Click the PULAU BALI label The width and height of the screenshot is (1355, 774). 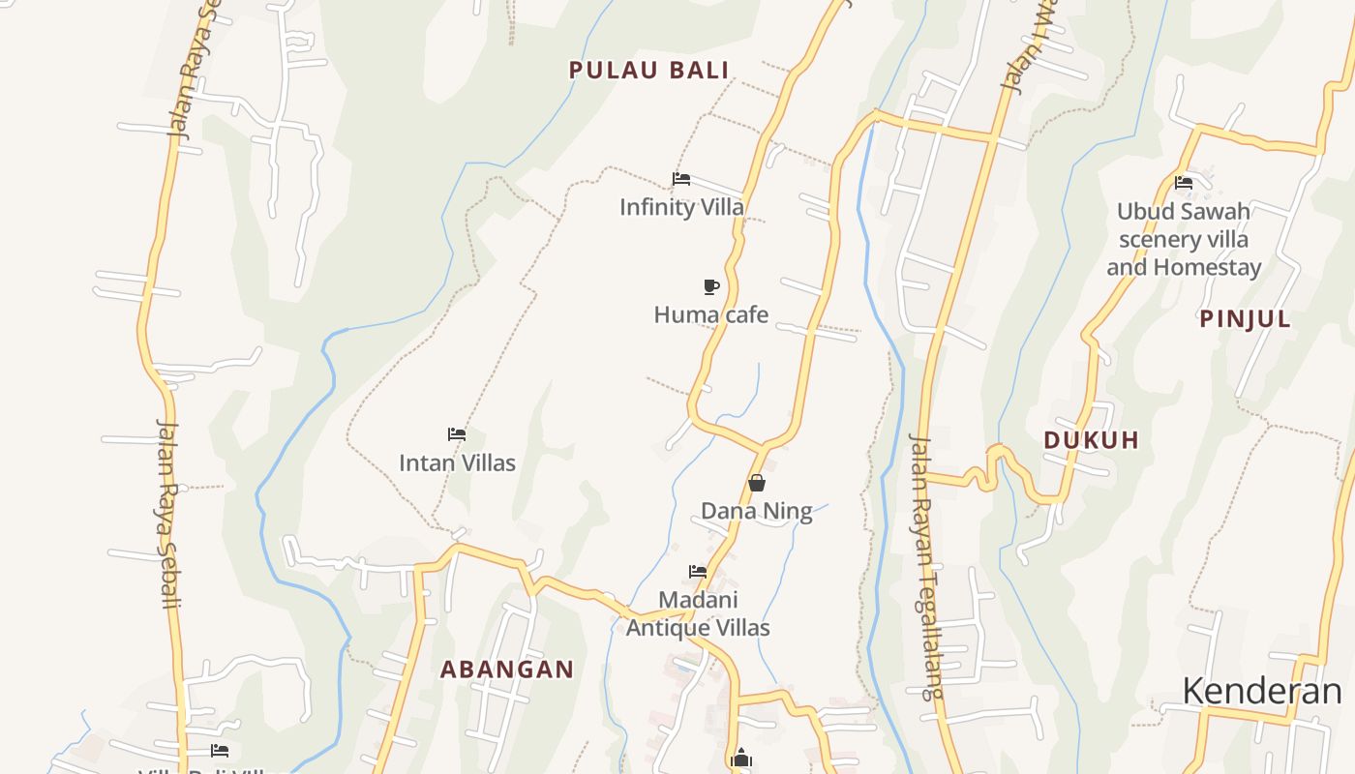coord(648,70)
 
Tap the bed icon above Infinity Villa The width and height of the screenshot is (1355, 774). coord(681,179)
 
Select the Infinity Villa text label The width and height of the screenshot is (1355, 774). coord(681,207)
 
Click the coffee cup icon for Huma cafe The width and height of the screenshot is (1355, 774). coord(711,286)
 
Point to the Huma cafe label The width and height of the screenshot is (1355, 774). coord(711,314)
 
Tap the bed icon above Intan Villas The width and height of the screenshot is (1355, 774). coord(457,434)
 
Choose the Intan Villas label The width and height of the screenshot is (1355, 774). coord(457,462)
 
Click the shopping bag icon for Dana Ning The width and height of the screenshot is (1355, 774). coord(757,482)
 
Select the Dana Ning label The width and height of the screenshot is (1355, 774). coord(757,511)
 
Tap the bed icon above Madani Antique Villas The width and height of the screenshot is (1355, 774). coord(697,572)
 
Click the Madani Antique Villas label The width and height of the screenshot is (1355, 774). coord(698,613)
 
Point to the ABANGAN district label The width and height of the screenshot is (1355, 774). coord(507,669)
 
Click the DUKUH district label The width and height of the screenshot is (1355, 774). coord(1091,440)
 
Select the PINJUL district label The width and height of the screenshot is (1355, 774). coord(1246,319)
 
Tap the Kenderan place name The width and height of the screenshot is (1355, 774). coord(1262,691)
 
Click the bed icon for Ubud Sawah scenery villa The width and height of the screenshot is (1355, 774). coord(1183,182)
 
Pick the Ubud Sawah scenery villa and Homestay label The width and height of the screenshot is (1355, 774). coord(1184,239)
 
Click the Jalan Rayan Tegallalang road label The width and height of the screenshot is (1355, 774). coord(925,567)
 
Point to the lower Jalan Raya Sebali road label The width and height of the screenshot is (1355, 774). coord(168,513)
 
